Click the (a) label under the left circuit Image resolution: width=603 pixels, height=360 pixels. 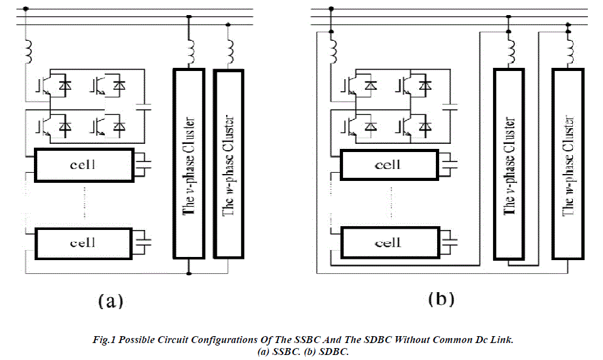pos(111,301)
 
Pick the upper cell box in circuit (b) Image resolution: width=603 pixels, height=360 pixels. pos(388,165)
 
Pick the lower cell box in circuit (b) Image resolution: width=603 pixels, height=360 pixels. pos(388,243)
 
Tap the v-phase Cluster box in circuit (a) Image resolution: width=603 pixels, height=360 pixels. pos(188,163)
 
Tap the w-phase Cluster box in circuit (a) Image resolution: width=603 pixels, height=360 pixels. pos(229,163)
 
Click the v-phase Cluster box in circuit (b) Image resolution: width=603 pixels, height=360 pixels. pos(509,163)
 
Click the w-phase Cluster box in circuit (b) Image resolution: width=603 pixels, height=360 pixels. pos(568,163)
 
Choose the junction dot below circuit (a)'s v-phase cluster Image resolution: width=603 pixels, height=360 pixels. pos(188,273)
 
